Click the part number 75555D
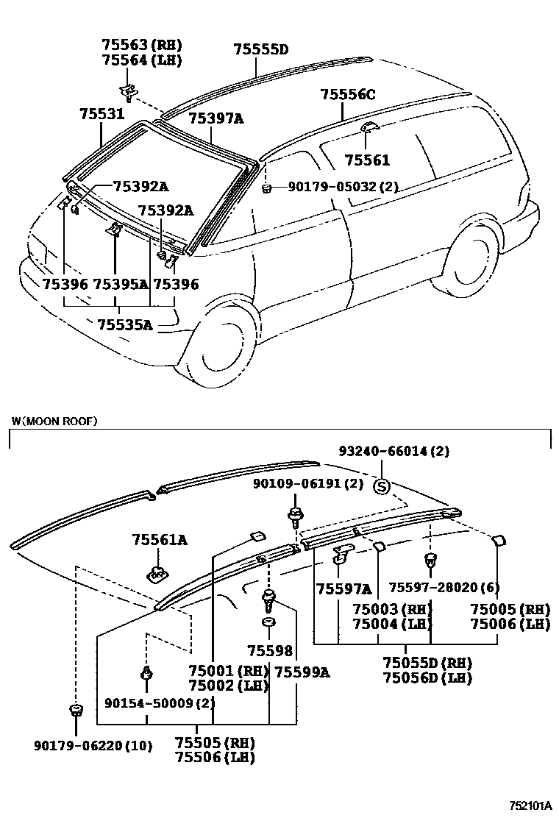[260, 50]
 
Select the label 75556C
[348, 94]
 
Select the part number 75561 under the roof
[367, 160]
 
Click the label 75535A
[124, 324]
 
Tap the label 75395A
[121, 284]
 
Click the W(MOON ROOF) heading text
[54, 422]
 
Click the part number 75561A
[160, 541]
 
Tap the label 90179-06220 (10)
[93, 746]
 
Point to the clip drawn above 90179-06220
[75, 711]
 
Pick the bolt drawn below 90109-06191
[295, 515]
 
